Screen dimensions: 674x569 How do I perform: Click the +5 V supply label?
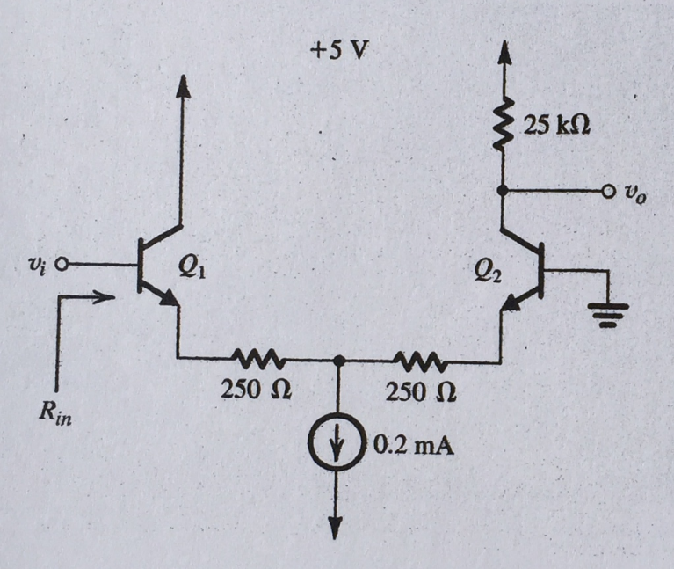(339, 51)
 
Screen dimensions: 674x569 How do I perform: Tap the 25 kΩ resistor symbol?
(503, 125)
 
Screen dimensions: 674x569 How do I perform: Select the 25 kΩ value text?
(556, 125)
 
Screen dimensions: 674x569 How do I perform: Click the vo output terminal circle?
(608, 191)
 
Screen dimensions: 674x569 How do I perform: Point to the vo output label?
(635, 196)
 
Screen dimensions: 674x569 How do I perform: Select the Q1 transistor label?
(192, 269)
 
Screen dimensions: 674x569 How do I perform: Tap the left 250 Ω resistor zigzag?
(257, 358)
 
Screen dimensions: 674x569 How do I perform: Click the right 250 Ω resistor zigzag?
(420, 361)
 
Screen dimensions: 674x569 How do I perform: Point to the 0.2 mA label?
(414, 447)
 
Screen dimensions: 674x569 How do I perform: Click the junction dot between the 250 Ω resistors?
(339, 361)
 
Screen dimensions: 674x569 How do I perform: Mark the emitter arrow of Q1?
(168, 297)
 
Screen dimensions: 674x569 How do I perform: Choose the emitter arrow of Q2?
(511, 303)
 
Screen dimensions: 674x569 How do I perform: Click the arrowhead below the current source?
(336, 527)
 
